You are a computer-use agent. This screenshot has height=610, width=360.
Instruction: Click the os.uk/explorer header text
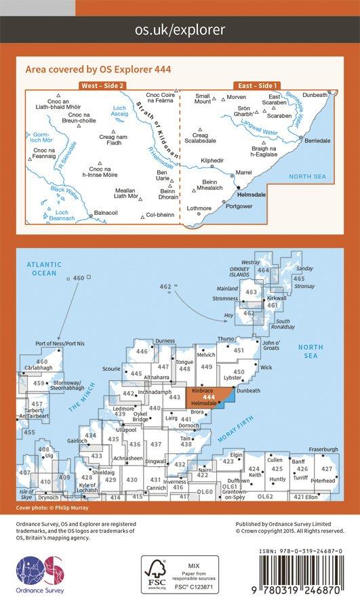pyautogui.click(x=180, y=29)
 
